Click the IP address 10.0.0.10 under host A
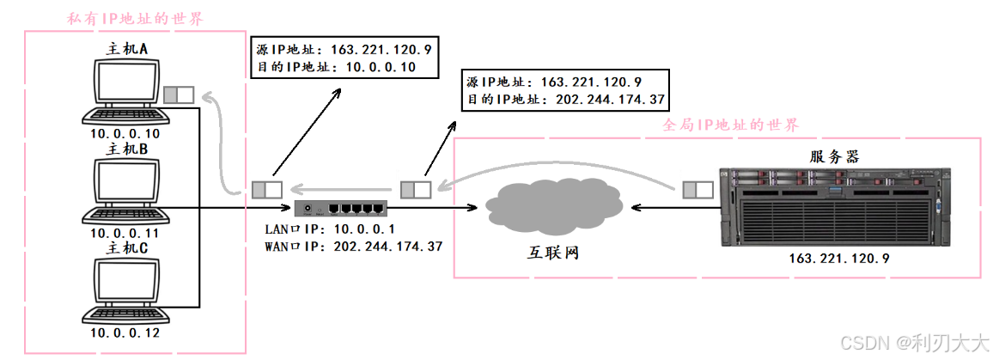[x=125, y=134]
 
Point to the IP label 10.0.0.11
[x=125, y=233]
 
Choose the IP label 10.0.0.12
[x=125, y=332]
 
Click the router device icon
[x=340, y=208]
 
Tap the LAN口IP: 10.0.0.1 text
[x=330, y=229]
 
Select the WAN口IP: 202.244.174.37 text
[x=354, y=247]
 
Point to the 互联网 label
[x=554, y=254]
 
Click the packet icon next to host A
[x=179, y=94]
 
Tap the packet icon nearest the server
[x=699, y=189]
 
